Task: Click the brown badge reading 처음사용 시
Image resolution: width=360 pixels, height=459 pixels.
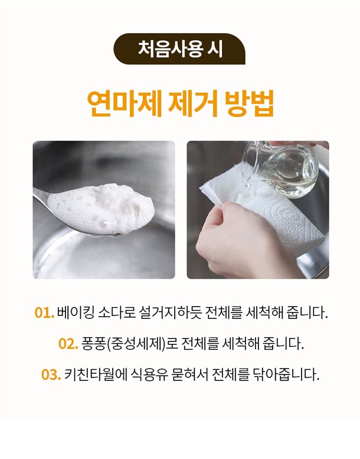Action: click(x=179, y=49)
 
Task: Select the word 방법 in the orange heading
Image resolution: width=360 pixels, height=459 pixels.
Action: click(x=250, y=103)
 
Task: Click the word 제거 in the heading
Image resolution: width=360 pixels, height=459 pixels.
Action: click(x=194, y=103)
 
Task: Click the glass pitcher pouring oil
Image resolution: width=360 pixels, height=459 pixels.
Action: click(x=281, y=168)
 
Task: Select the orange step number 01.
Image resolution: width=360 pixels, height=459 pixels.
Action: click(x=44, y=312)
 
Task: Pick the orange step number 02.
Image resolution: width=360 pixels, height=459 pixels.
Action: click(x=68, y=343)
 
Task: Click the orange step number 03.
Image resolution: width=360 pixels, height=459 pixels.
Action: click(x=51, y=375)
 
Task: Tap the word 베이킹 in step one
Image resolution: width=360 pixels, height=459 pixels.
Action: click(x=76, y=312)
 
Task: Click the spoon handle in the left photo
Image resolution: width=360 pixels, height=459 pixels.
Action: click(x=40, y=196)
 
